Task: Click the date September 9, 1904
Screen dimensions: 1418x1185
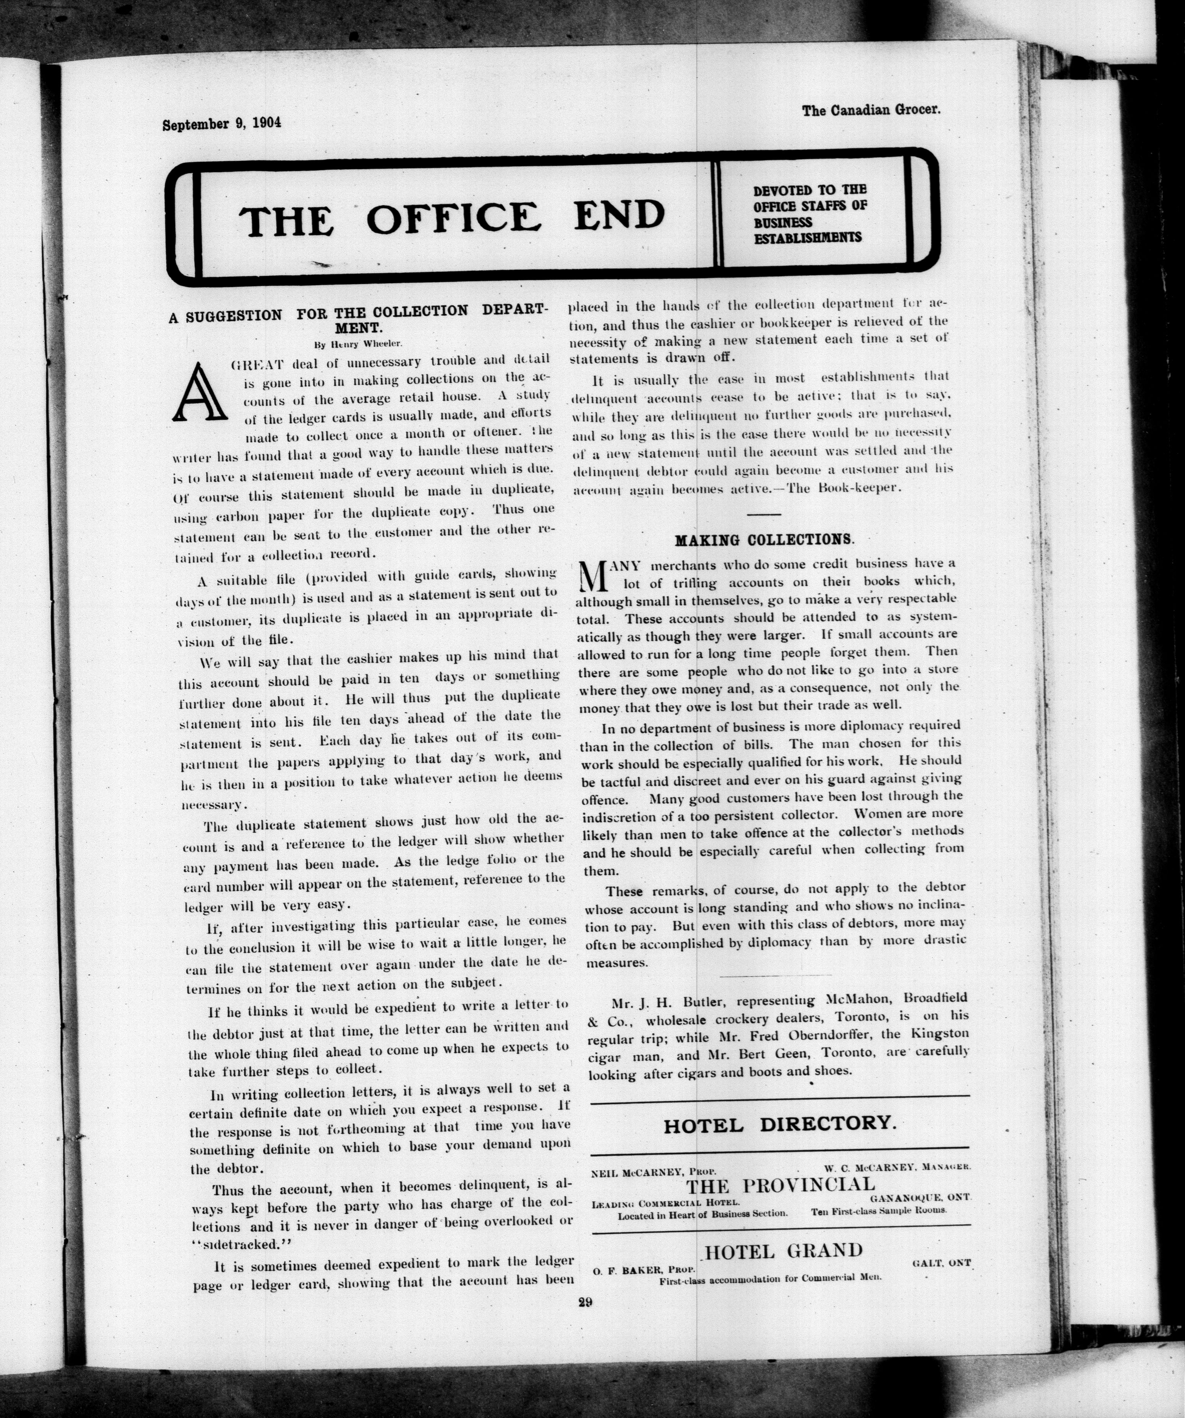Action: pyautogui.click(x=221, y=123)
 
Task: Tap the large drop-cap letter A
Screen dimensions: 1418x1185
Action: pyautogui.click(x=199, y=392)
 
